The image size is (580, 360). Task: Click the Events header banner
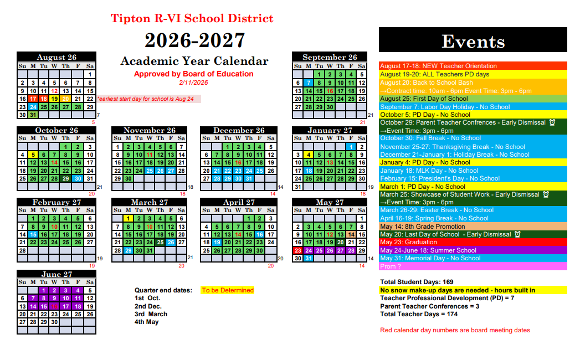tap(473, 41)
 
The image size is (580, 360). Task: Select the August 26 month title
tap(57, 57)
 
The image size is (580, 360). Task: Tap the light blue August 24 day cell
tap(33, 107)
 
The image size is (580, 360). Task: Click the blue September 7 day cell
tap(308, 83)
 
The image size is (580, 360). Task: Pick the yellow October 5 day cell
tap(33, 155)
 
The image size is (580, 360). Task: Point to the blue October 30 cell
tap(78, 178)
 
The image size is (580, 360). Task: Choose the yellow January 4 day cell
tap(308, 155)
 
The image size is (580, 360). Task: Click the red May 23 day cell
tap(297, 250)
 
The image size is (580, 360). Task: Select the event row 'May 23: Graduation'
tap(473, 242)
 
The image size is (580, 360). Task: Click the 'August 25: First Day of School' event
tap(473, 99)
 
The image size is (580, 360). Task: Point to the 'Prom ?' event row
tap(473, 266)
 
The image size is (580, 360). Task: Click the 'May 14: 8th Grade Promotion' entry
tap(473, 227)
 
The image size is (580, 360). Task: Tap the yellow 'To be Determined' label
tap(228, 290)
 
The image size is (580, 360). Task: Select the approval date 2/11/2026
tap(193, 83)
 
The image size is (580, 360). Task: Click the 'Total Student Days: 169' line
tap(417, 282)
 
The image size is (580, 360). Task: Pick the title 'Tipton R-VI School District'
tap(192, 18)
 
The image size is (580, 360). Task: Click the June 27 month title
tap(57, 274)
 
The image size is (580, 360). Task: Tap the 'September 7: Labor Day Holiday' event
tap(473, 107)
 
